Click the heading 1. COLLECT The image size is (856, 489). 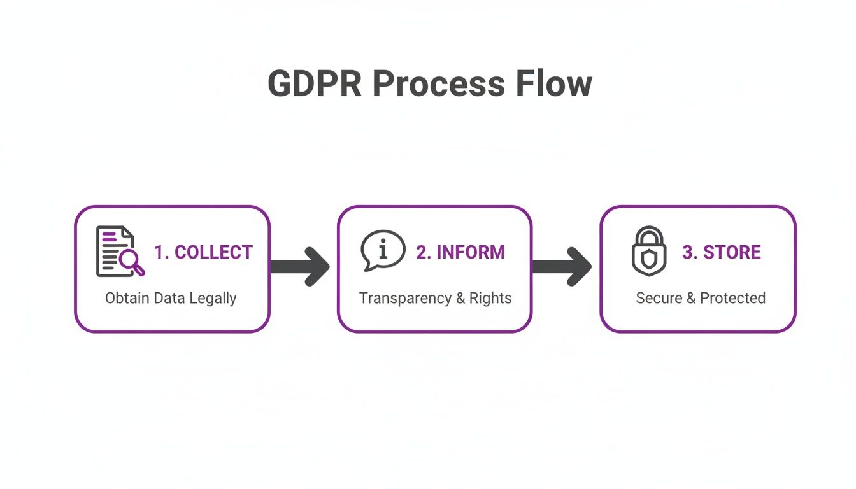pyautogui.click(x=203, y=252)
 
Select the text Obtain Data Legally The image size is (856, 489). pyautogui.click(x=171, y=298)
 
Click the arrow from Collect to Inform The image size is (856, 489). pyautogui.click(x=301, y=266)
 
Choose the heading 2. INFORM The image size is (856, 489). pyautogui.click(x=460, y=252)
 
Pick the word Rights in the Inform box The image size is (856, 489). pyautogui.click(x=490, y=298)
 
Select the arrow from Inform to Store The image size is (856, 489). pyautogui.click(x=562, y=266)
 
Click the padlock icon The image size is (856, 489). pyautogui.click(x=648, y=250)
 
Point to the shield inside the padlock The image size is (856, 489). pyautogui.click(x=648, y=258)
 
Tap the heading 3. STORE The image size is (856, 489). pyautogui.click(x=722, y=252)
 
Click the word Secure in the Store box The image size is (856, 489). pyautogui.click(x=659, y=298)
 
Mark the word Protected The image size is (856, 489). pyautogui.click(x=732, y=298)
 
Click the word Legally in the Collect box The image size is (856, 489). pyautogui.click(x=213, y=298)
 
